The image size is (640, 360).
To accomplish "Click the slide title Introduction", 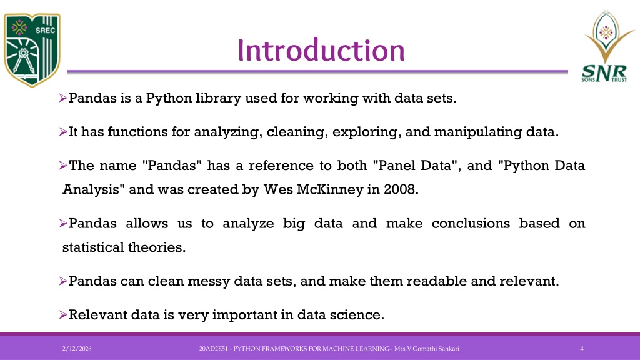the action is point(321,50).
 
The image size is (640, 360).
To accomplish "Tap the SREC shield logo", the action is point(32,50).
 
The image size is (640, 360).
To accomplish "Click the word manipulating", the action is point(478,132).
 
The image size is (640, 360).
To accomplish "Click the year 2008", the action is point(401,190).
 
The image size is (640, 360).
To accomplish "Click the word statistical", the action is point(93,247).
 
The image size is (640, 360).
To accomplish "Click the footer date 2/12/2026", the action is point(77,349).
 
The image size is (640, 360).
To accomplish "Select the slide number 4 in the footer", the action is point(582,349).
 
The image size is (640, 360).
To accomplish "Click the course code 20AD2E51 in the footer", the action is point(213,349).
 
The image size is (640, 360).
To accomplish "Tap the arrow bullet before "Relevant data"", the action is point(63,315).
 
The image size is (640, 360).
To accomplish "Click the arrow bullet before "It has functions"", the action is point(63,132).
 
